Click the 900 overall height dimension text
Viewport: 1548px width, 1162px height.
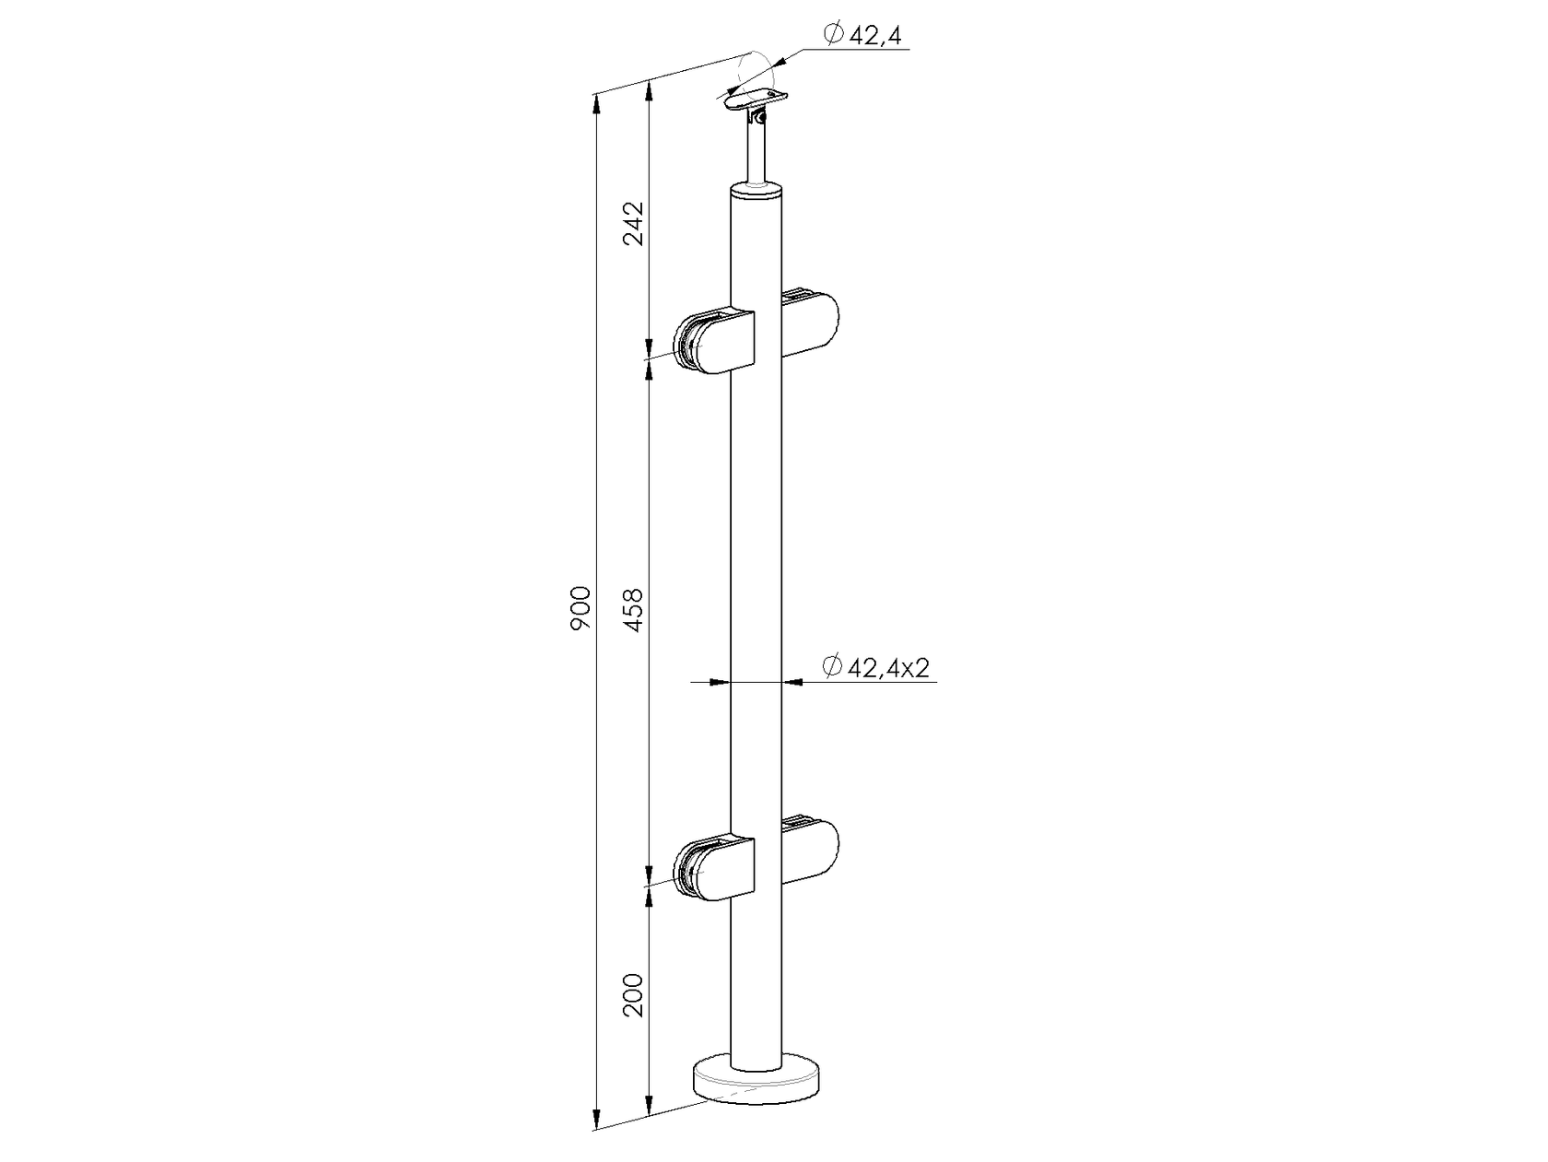click(x=580, y=608)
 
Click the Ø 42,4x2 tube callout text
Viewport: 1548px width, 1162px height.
click(x=874, y=668)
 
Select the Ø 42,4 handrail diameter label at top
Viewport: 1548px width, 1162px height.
click(x=862, y=35)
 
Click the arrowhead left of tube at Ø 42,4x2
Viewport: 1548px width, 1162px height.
click(x=718, y=682)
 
